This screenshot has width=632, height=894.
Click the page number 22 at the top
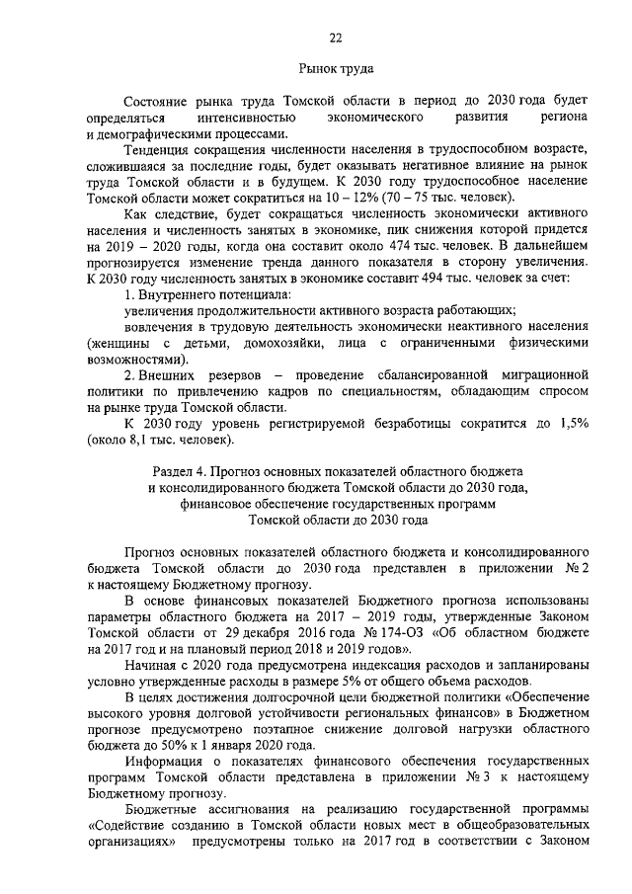coord(335,38)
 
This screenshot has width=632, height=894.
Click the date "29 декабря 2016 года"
coord(256,631)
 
